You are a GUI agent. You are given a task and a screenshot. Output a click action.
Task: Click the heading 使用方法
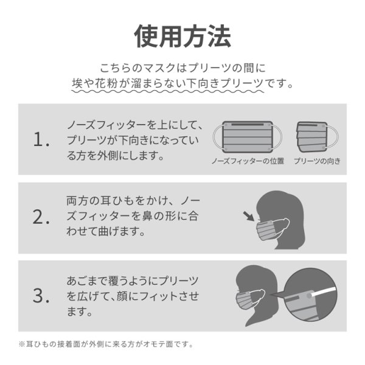(x=182, y=36)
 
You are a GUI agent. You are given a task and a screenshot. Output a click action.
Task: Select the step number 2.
(x=41, y=218)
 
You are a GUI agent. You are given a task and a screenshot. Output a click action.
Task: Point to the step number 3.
(x=41, y=296)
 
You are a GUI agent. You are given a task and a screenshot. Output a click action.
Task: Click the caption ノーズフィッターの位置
(x=248, y=162)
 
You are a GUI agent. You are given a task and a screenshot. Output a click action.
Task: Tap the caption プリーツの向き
(x=316, y=162)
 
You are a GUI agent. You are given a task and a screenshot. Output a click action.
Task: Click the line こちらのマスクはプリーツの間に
(x=182, y=67)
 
